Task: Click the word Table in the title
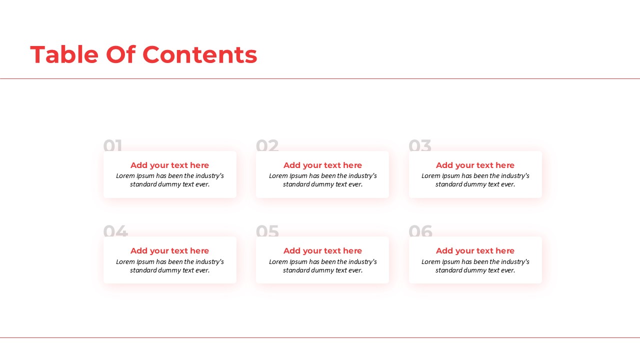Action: (x=64, y=54)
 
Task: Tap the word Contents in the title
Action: (x=199, y=55)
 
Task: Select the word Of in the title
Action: (x=120, y=54)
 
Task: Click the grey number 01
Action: (x=112, y=145)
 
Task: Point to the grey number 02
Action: (x=267, y=145)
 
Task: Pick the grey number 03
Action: (x=419, y=145)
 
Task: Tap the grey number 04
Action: (x=115, y=231)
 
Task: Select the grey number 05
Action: (x=267, y=231)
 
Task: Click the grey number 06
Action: (x=420, y=231)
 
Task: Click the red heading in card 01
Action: (x=169, y=165)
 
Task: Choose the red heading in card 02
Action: (x=322, y=165)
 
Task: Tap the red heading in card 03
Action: (x=475, y=165)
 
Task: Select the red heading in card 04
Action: (x=169, y=251)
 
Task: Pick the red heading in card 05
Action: (x=322, y=251)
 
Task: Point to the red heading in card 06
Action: (x=475, y=251)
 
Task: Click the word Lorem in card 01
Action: (x=125, y=176)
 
